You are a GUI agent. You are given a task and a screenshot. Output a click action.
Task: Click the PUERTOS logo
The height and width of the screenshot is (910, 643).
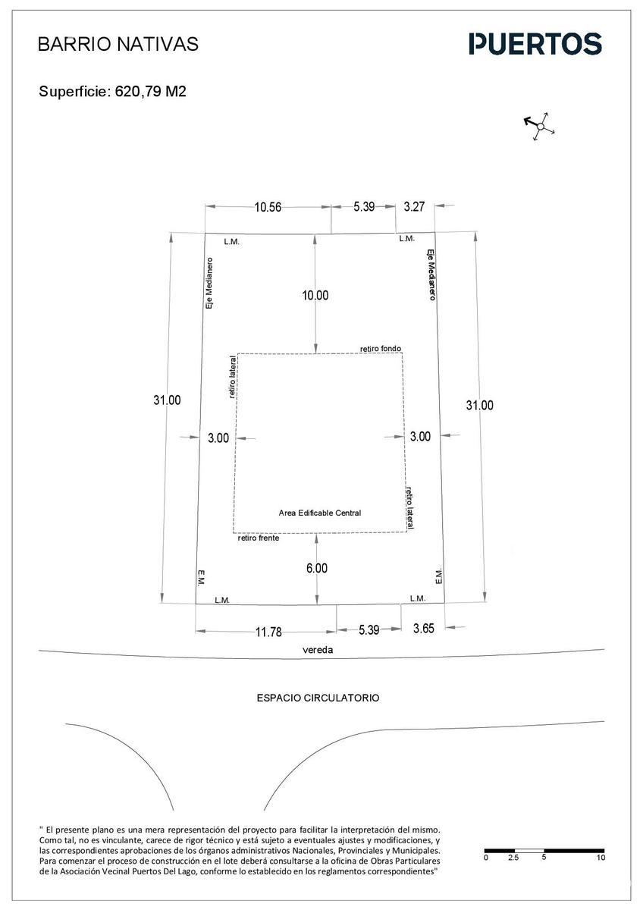tap(535, 44)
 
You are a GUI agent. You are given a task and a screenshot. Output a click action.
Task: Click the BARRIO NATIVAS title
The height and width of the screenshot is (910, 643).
tap(118, 44)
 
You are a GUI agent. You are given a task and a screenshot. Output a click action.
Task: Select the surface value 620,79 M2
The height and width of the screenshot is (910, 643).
tap(151, 92)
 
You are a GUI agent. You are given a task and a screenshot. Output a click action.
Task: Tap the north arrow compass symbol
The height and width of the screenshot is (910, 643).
tap(539, 127)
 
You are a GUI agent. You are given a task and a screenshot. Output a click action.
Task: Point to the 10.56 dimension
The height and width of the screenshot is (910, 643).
tap(268, 207)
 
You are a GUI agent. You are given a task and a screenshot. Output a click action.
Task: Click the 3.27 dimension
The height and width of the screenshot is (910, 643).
tap(414, 207)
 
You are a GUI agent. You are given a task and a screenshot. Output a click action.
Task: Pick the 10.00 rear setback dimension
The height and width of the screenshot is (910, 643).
tap(315, 295)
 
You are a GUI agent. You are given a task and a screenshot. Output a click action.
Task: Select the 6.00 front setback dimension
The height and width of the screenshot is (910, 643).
tap(317, 568)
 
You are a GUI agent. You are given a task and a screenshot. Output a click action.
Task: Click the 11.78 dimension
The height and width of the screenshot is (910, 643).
tap(268, 632)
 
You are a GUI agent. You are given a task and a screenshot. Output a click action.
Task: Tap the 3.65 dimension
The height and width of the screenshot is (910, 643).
tap(424, 629)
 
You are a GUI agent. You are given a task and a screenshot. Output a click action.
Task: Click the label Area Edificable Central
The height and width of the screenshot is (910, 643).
tap(320, 513)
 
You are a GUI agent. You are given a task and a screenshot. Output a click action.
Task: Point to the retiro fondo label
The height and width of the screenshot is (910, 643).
tap(381, 349)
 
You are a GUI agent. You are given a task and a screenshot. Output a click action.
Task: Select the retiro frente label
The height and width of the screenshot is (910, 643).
tap(259, 538)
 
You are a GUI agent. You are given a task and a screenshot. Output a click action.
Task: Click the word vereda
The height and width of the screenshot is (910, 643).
tap(318, 650)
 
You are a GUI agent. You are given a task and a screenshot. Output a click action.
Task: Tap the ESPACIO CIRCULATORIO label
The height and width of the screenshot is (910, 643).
tap(318, 698)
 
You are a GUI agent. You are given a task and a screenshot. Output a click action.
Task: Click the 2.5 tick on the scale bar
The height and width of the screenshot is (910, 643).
tap(513, 858)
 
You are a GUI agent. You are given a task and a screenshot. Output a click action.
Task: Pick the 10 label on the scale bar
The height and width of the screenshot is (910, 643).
tap(601, 858)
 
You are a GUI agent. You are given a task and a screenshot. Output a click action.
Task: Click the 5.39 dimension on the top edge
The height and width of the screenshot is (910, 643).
tap(364, 206)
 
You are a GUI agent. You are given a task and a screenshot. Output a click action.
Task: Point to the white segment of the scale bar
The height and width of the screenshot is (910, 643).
tap(529, 851)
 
